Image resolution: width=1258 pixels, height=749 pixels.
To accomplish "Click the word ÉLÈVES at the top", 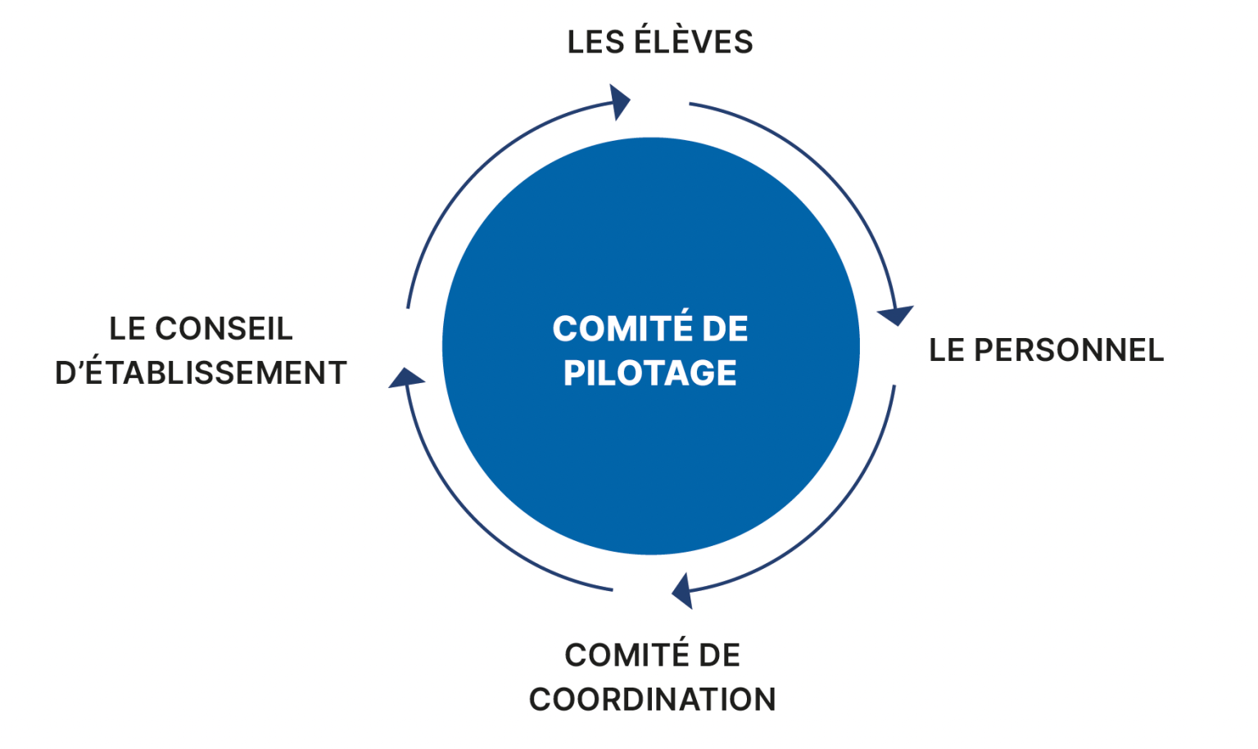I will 694,41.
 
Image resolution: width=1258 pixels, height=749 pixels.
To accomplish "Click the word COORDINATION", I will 652,700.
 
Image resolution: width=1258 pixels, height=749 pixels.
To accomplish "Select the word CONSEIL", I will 224,329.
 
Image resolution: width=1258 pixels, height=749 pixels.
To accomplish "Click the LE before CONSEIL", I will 127,329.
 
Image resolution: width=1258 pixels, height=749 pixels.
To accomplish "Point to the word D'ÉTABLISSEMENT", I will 201,373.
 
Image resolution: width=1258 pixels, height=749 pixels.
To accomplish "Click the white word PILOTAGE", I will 649,373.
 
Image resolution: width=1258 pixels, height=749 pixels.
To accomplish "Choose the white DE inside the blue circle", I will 725,329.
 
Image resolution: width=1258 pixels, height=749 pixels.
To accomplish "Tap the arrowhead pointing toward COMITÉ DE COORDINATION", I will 682,591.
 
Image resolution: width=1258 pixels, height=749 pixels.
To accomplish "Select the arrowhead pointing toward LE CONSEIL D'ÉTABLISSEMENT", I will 405,378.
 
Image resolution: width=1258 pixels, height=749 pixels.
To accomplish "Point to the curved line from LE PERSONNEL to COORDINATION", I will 828,524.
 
